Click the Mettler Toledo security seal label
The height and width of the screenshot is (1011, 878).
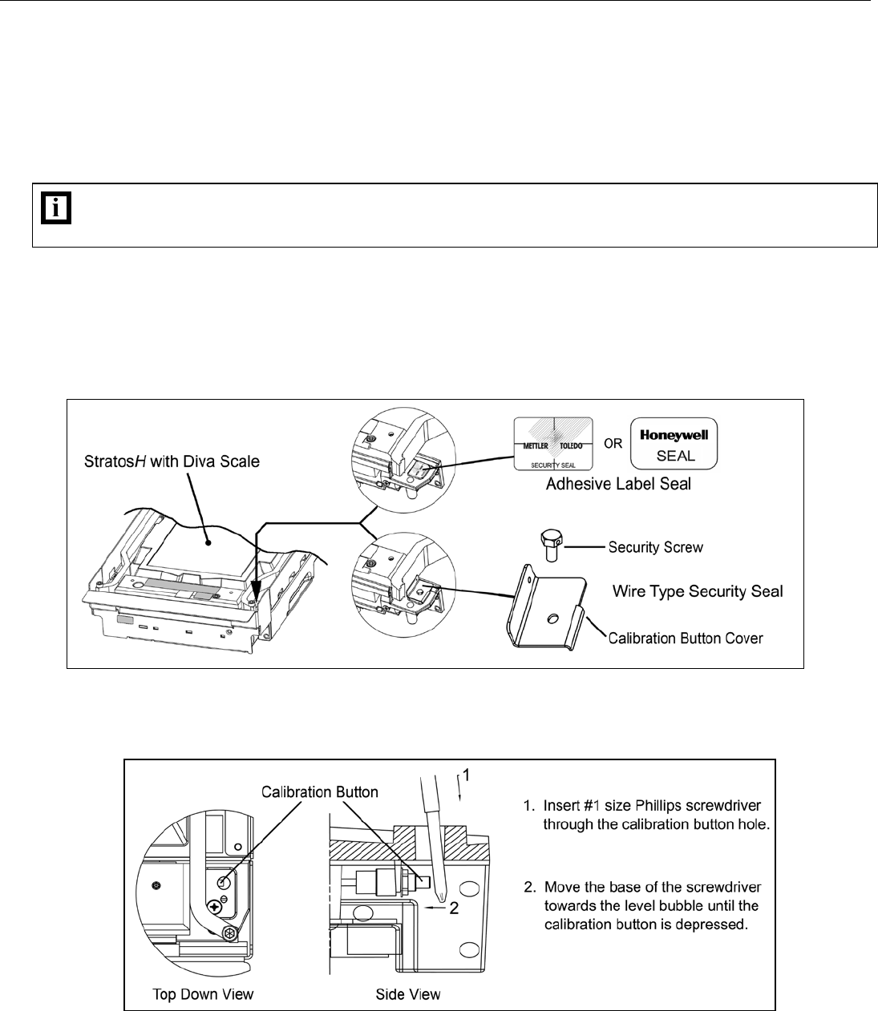553,443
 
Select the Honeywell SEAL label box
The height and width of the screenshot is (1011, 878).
674,442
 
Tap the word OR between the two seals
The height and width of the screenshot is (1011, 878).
613,443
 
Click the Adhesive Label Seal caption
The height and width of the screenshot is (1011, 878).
618,484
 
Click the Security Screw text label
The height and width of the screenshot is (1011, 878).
655,548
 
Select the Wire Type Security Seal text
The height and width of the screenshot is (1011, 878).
698,591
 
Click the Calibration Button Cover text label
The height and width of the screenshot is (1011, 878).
686,638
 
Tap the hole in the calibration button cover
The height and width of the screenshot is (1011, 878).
552,618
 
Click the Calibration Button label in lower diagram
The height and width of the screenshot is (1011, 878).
320,791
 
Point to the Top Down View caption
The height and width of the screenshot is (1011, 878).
203,994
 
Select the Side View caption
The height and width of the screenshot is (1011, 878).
408,994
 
